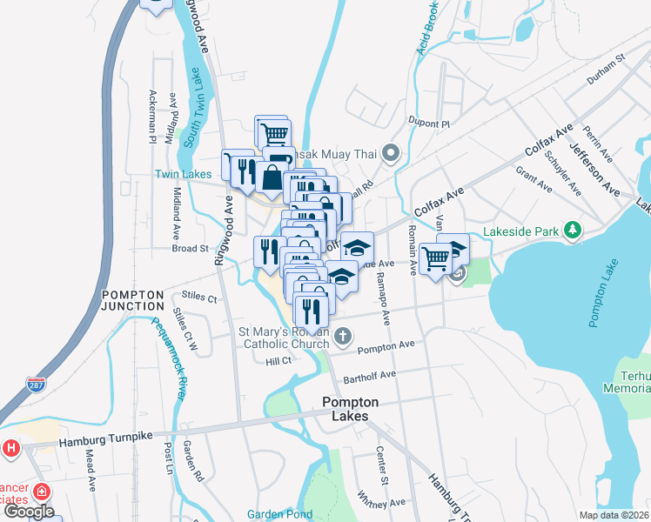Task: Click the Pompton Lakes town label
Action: coord(350,409)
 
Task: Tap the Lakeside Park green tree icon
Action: coord(572,230)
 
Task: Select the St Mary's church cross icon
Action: coord(344,336)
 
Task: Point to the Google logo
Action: coord(28,512)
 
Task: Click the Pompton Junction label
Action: coord(132,301)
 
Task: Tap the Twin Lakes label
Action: coord(184,174)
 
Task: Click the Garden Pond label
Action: coord(278,514)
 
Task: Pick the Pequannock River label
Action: coord(170,358)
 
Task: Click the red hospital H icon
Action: coord(10,449)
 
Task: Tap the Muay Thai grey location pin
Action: coord(391,155)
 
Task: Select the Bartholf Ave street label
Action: coord(369,375)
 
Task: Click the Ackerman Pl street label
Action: coord(152,116)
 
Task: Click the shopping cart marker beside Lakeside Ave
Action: coord(434,257)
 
